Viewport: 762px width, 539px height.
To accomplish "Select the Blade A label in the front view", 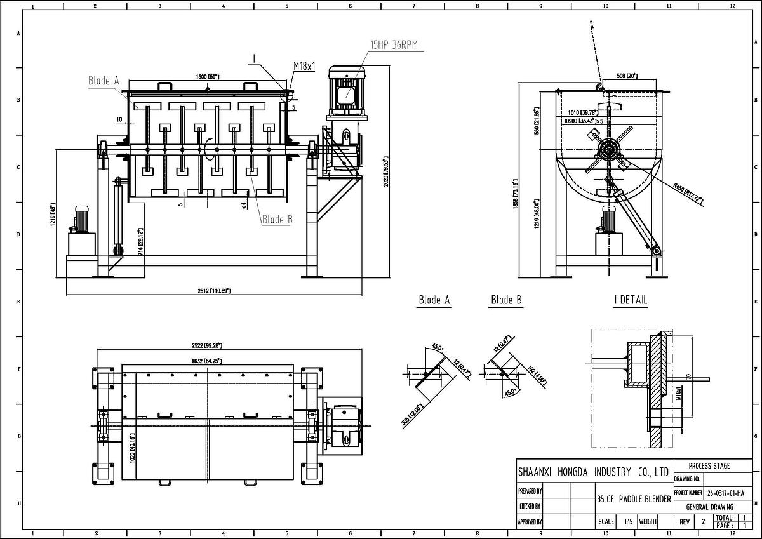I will click(x=104, y=81).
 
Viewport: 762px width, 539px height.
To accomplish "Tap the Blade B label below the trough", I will click(x=277, y=220).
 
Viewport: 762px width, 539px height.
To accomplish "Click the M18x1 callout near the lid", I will click(x=304, y=66).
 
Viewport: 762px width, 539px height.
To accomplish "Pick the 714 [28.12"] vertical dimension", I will click(x=140, y=242).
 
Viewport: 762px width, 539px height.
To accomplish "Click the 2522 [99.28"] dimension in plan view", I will click(x=208, y=345).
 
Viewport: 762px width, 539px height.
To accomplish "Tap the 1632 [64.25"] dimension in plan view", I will click(x=208, y=360).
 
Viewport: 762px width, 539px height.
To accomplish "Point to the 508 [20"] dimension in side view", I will click(x=627, y=76).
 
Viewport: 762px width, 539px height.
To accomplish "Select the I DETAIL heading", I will click(x=631, y=300).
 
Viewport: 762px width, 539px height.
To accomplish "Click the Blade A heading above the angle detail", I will click(x=434, y=300).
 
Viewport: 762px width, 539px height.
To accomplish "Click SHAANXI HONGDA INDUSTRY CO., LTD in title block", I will click(x=593, y=472).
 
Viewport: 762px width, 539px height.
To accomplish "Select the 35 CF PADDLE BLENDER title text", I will click(x=634, y=499).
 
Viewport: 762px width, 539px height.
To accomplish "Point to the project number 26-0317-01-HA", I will click(x=725, y=492).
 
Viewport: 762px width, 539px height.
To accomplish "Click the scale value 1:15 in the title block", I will click(x=628, y=521).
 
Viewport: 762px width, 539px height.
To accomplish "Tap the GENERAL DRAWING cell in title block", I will click(x=709, y=507).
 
